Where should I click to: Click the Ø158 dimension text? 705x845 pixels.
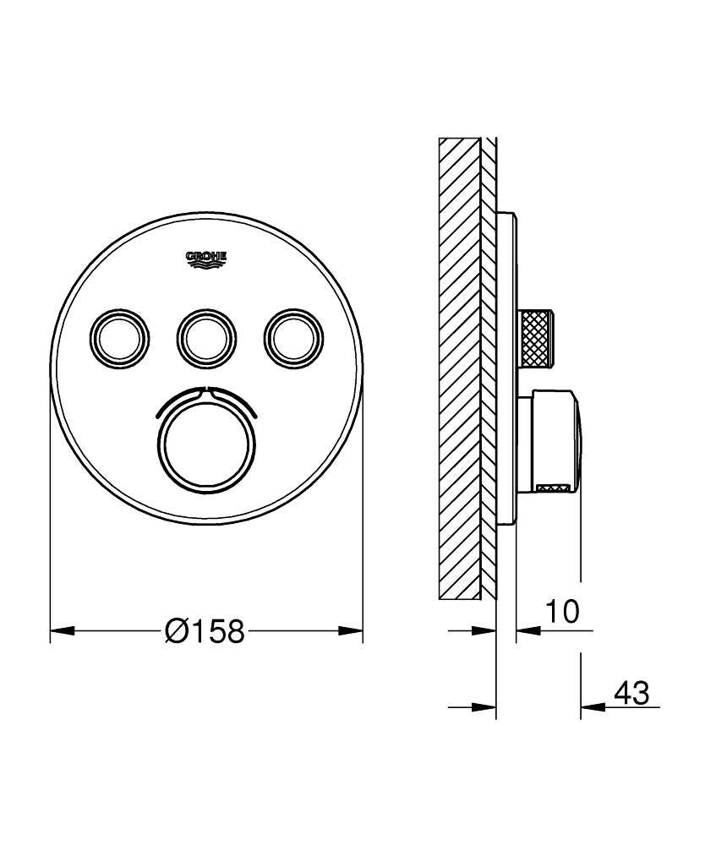click(205, 630)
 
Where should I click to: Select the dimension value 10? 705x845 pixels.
click(561, 611)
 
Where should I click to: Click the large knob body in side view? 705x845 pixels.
click(554, 439)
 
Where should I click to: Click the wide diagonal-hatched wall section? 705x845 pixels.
click(459, 372)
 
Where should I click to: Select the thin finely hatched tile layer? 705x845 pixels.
click(489, 372)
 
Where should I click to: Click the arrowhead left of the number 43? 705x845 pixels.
click(592, 707)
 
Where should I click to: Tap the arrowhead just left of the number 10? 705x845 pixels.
click(527, 630)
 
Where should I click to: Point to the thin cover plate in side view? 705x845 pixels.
click(506, 372)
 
